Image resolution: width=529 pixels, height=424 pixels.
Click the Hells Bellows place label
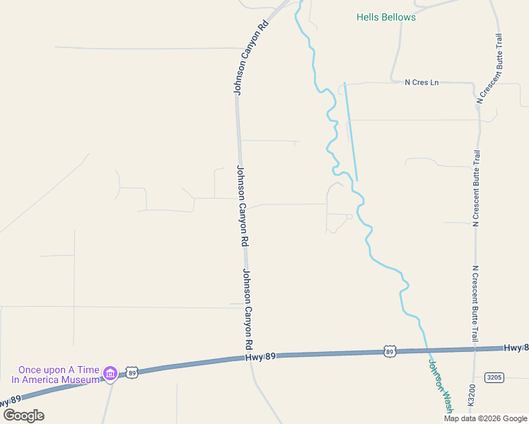pos(386,17)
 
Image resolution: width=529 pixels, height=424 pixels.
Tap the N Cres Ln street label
pos(422,83)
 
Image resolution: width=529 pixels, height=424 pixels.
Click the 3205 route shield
pos(494,377)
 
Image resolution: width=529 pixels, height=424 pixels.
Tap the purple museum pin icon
pos(110,373)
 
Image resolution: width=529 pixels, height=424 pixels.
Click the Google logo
pos(23,415)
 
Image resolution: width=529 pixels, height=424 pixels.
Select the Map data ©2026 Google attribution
pos(486,418)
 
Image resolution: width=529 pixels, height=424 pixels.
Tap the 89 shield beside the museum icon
pos(132,372)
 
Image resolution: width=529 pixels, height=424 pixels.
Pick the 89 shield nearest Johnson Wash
pos(390,351)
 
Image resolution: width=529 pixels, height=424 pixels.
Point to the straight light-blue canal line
pos(351,131)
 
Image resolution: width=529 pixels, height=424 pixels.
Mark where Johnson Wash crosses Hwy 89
pos(427,350)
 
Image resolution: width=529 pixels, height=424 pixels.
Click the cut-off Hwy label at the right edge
pos(516,347)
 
